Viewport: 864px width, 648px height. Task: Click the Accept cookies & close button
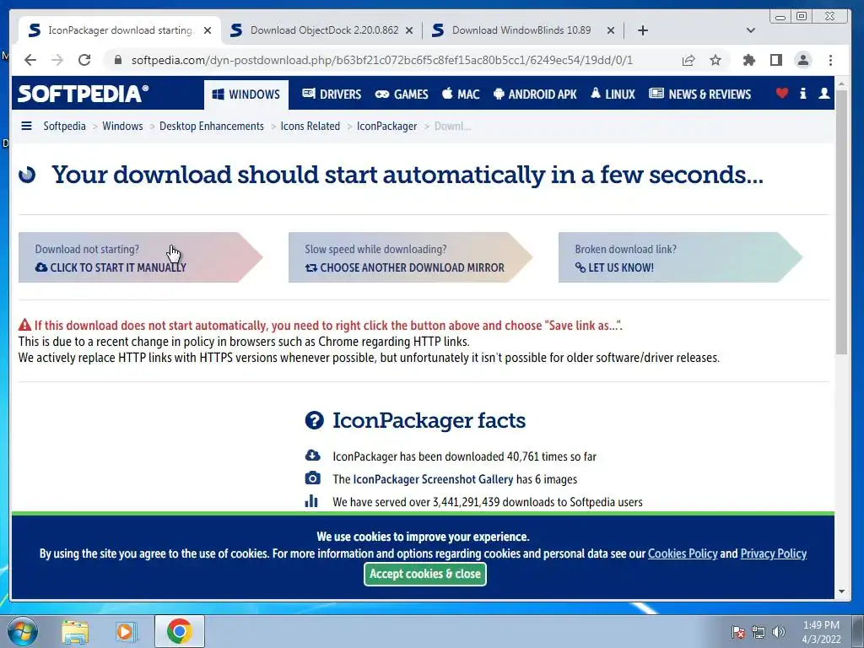[x=425, y=574]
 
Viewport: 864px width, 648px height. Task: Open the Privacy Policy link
[x=773, y=553]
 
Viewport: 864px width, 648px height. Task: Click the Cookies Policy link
[x=683, y=553]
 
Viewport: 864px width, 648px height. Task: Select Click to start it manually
[x=111, y=267]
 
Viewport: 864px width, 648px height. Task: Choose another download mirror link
[x=404, y=267]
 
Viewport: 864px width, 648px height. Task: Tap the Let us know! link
[x=614, y=267]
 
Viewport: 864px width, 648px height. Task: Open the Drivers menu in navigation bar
[x=332, y=94]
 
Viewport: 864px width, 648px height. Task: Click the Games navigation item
[x=402, y=94]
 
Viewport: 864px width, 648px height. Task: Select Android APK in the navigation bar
[x=534, y=94]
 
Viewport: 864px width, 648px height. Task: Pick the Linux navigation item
[x=613, y=94]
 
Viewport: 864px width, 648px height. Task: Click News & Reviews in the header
[x=699, y=94]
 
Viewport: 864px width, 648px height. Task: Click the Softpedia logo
[x=83, y=94]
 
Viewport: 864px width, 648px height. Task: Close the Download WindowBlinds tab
[x=611, y=31]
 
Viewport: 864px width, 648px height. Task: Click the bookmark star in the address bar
[x=715, y=60]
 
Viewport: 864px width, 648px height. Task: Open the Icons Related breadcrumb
[x=310, y=127]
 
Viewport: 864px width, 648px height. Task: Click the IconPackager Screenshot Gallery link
[x=433, y=479]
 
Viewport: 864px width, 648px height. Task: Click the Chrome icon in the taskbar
[x=179, y=631]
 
